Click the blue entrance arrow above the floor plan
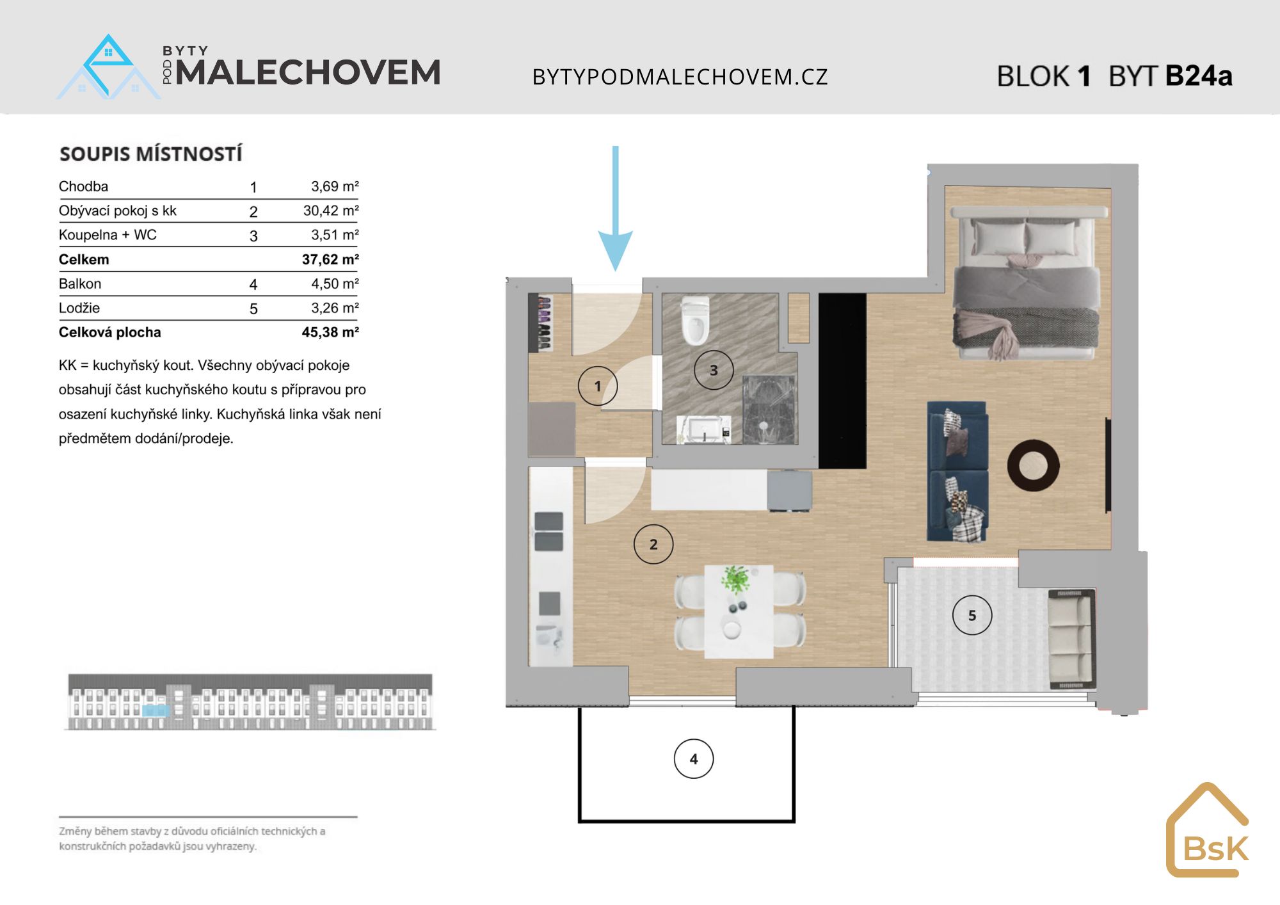pos(616,208)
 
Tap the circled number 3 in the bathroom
pos(714,370)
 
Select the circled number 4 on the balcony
pos(694,759)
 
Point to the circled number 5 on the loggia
pos(972,616)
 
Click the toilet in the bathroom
pos(695,320)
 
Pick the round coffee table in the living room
pos(1033,465)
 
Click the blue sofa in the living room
pos(957,472)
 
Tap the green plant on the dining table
pos(736,579)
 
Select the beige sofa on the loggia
pos(1071,640)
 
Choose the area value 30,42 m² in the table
pos(331,211)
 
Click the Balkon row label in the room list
pos(80,284)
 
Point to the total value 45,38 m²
pos(330,332)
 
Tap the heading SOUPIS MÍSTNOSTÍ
pos(151,154)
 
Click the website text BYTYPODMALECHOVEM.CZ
pos(680,77)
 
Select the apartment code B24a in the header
pos(1199,76)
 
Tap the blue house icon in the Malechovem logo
pos(109,67)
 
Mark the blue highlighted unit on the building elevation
pos(156,710)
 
